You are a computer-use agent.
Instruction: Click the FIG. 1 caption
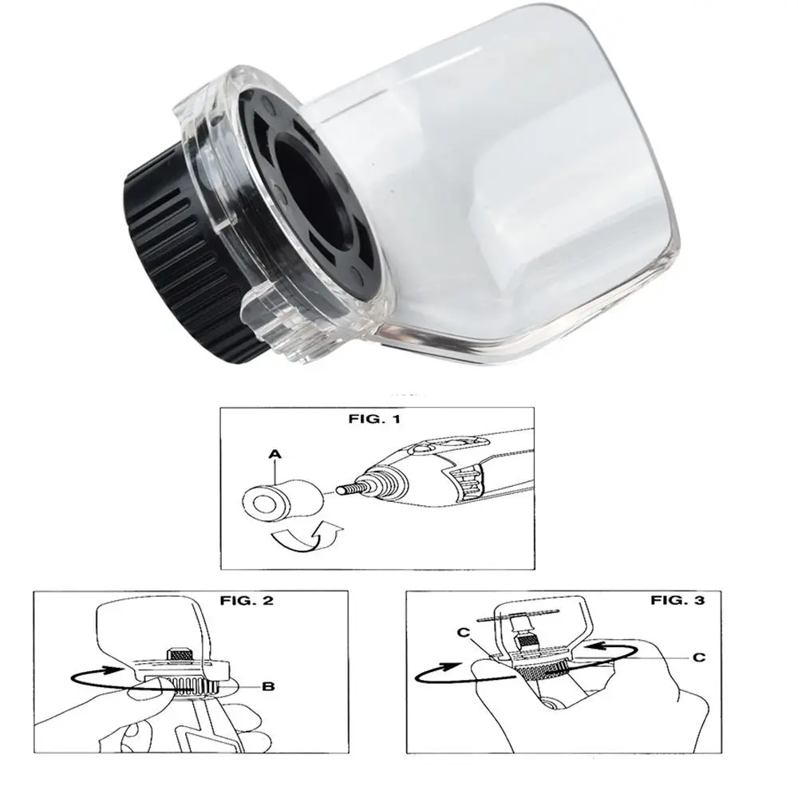[x=374, y=419]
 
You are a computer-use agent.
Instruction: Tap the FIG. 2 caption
[x=247, y=601]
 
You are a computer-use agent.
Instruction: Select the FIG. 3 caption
[x=678, y=601]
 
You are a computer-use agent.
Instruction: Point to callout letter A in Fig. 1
[x=275, y=454]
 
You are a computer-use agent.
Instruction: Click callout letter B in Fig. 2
[x=268, y=686]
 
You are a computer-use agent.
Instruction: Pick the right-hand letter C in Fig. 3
[x=699, y=658]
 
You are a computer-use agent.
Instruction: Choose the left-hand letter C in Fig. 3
[x=463, y=633]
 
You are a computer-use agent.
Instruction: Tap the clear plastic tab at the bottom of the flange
[x=272, y=326]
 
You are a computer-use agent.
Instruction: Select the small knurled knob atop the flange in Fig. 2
[x=182, y=654]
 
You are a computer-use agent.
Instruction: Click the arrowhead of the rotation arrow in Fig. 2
[x=115, y=670]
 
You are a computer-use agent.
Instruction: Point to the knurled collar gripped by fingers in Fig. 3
[x=543, y=671]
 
